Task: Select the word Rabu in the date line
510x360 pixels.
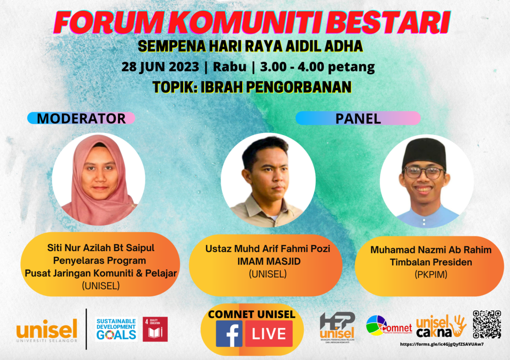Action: [x=229, y=67]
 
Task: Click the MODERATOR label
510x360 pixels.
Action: [x=81, y=118]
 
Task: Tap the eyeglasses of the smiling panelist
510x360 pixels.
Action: [x=424, y=173]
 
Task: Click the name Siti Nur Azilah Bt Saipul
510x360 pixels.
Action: [x=101, y=247]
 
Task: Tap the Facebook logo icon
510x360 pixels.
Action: [x=229, y=334]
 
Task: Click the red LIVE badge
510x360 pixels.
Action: [x=268, y=334]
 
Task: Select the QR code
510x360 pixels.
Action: [x=486, y=324]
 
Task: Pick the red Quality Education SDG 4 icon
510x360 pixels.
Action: [x=155, y=329]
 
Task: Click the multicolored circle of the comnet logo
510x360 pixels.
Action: [x=376, y=326]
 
